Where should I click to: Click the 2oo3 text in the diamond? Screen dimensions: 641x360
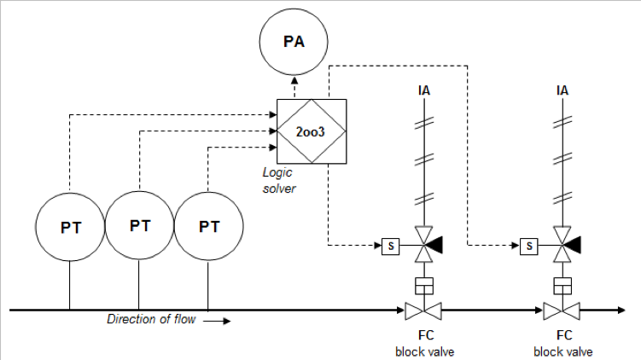(x=311, y=131)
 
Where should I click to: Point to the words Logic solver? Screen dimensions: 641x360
(x=278, y=180)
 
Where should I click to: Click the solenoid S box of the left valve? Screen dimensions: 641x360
(x=390, y=246)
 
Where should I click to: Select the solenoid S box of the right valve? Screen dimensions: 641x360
(x=529, y=246)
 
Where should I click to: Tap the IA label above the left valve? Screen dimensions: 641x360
(x=424, y=90)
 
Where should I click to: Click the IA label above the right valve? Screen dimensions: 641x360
(x=562, y=90)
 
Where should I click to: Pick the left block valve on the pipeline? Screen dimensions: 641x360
(x=423, y=311)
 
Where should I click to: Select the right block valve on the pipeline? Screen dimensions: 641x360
(x=562, y=311)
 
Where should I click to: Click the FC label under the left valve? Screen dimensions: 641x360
(x=426, y=335)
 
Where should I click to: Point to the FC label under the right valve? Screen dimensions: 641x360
(x=564, y=335)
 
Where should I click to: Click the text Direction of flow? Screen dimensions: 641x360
(x=151, y=319)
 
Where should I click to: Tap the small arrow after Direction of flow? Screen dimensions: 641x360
(x=217, y=321)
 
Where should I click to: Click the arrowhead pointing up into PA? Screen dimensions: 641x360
(x=294, y=79)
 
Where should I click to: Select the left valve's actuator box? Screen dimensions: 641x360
(x=424, y=286)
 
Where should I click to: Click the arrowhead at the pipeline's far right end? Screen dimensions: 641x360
(x=621, y=311)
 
